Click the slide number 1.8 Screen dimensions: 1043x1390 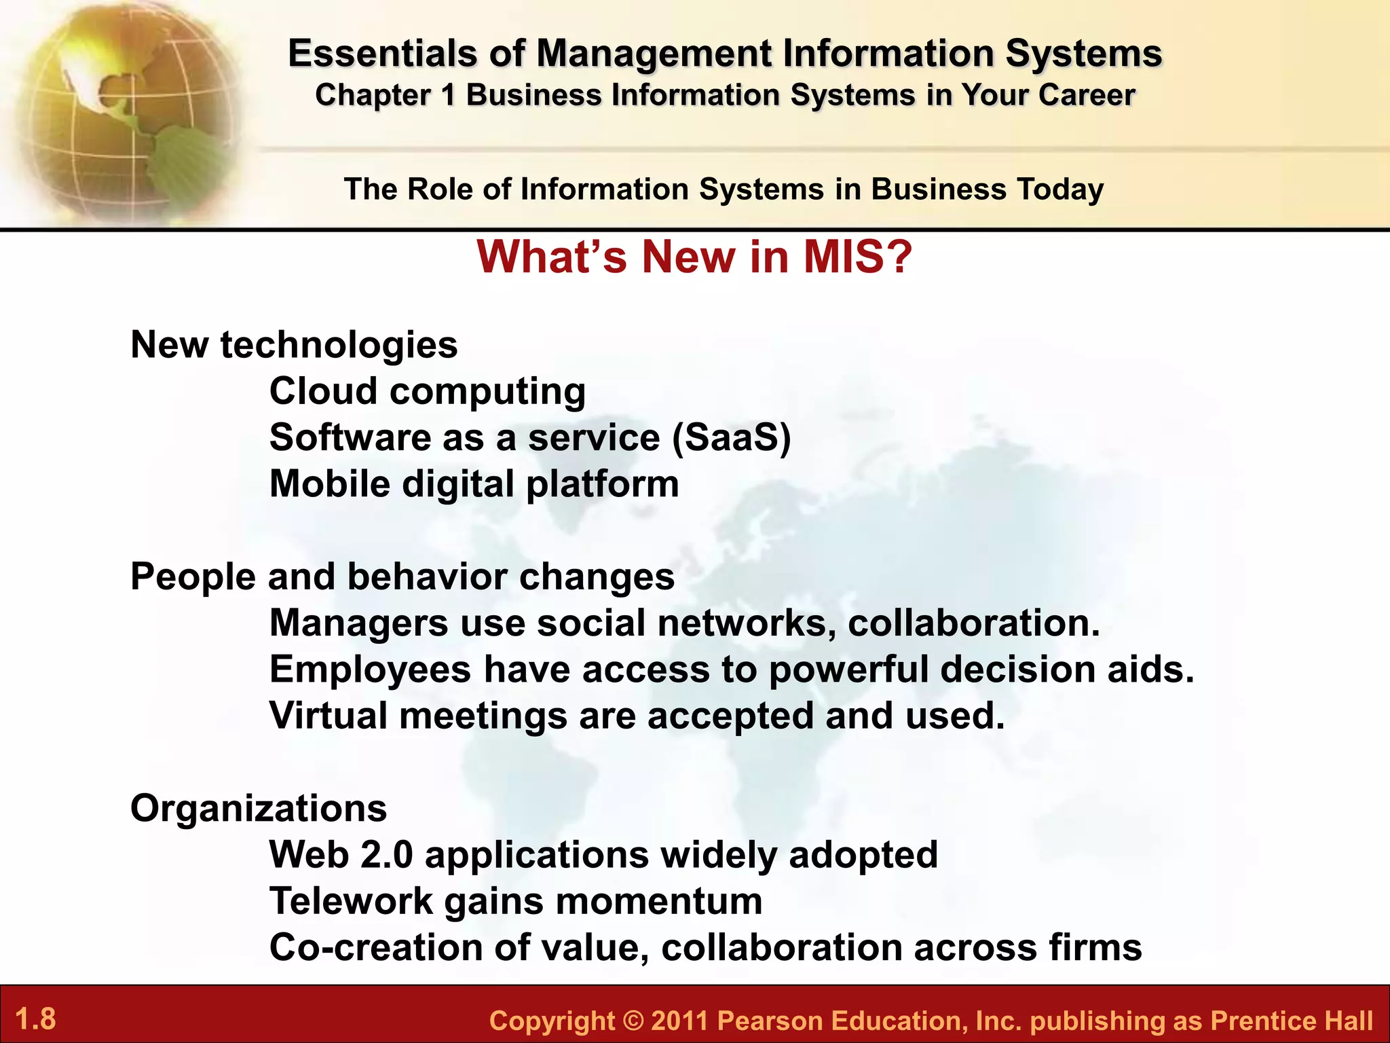[35, 1019]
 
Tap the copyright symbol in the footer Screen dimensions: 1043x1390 [633, 1021]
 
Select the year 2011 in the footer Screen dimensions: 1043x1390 [679, 1021]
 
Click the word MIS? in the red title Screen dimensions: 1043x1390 [858, 257]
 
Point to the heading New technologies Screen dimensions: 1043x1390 [294, 344]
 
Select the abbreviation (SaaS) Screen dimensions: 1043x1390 [732, 437]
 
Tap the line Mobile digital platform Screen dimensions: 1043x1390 [474, 484]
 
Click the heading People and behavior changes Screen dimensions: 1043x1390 [402, 577]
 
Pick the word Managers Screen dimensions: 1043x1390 [358, 623]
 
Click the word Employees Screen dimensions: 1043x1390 [370, 670]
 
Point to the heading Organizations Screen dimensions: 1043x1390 [259, 808]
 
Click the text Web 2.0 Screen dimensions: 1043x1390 [341, 854]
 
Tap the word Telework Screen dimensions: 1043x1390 [351, 901]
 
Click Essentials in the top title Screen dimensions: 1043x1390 [382, 54]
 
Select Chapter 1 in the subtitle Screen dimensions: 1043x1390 [385, 95]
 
